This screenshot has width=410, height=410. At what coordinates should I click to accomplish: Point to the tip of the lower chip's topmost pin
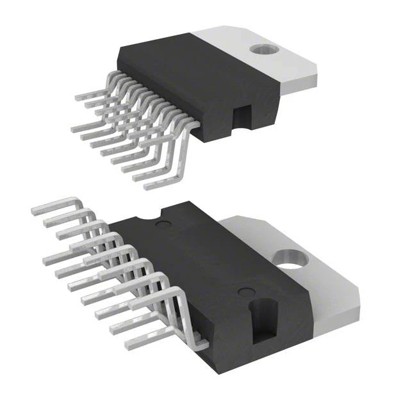coord(34,210)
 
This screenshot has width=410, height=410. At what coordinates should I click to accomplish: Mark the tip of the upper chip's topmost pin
coord(78,97)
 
